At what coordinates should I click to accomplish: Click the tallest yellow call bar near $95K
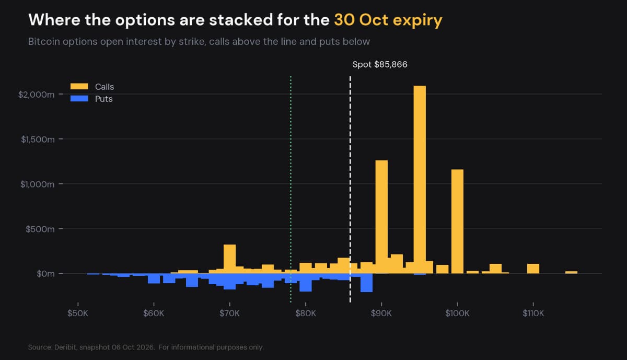(420, 179)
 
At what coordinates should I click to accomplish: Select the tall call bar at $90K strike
(381, 217)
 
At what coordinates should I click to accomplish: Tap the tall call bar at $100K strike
(457, 221)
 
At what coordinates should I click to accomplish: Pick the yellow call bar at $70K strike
(229, 259)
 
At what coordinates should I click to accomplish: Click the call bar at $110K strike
(533, 269)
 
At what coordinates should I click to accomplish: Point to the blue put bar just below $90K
(366, 283)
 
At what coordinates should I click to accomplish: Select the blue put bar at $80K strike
(306, 283)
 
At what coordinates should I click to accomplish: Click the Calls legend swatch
(79, 87)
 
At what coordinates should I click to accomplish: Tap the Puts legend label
(104, 99)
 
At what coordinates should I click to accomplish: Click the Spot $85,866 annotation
(380, 64)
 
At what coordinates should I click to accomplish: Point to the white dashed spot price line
(350, 189)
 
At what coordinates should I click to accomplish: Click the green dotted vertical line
(291, 189)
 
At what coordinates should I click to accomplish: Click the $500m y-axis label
(40, 229)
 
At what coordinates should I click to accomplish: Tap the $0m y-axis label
(45, 274)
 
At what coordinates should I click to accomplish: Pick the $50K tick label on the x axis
(78, 313)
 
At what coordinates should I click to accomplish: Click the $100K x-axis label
(457, 313)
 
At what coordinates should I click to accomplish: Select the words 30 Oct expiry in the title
(388, 20)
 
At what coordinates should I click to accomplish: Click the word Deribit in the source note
(65, 347)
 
